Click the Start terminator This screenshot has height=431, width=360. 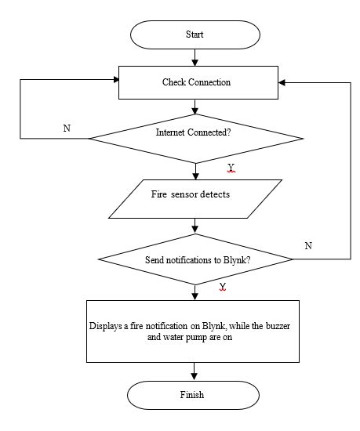point(195,35)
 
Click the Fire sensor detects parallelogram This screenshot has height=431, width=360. point(194,199)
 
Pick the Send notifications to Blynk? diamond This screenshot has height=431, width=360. point(197,259)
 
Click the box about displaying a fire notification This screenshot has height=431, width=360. point(193,331)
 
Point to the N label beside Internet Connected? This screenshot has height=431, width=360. point(67,128)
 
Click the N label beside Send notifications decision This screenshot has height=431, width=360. point(307,245)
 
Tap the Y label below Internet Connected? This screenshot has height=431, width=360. point(231,168)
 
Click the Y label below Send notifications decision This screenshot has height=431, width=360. point(223,287)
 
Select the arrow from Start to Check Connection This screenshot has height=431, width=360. point(195,57)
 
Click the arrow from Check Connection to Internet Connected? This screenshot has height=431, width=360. point(195,107)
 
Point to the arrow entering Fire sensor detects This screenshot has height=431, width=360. point(195,171)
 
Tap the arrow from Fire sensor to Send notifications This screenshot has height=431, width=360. point(195,226)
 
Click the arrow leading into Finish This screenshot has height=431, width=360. point(195,371)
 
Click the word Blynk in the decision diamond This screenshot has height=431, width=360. point(246,259)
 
